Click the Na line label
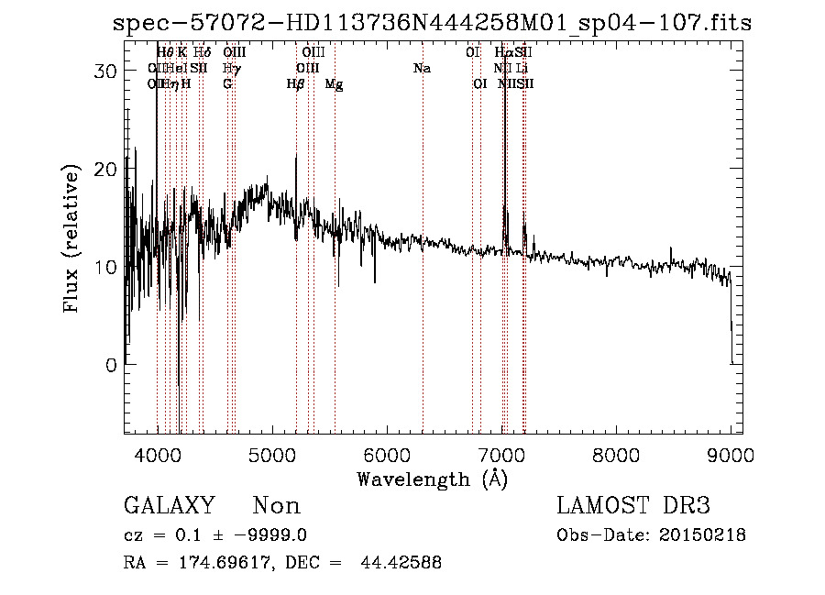(x=422, y=69)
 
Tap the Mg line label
(x=335, y=84)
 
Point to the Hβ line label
(x=295, y=84)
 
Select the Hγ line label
(x=232, y=69)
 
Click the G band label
(x=227, y=84)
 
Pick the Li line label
(x=522, y=69)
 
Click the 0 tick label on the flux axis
(x=111, y=365)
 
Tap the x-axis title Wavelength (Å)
(x=432, y=479)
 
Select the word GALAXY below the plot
(x=170, y=506)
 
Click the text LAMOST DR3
(x=633, y=506)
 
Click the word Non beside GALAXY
(x=276, y=506)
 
